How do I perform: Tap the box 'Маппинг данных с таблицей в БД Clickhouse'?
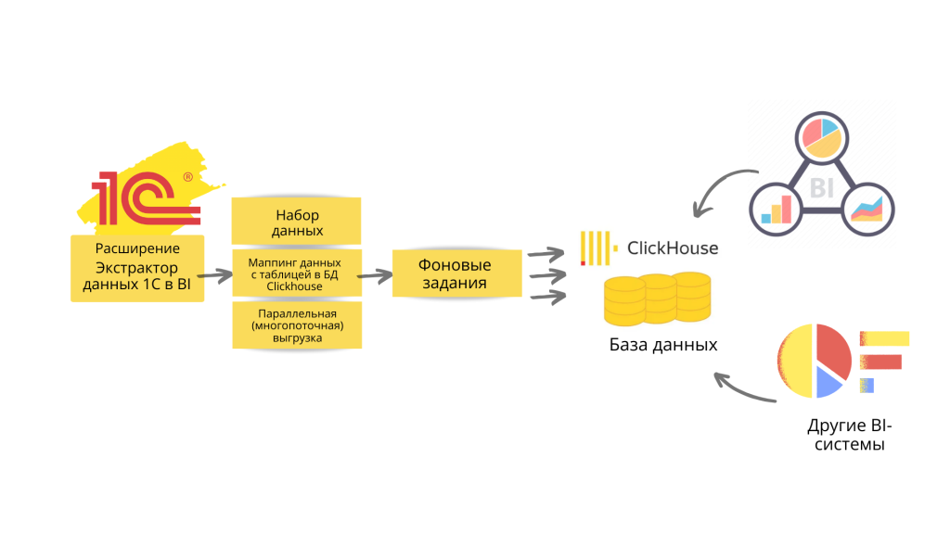tap(294, 274)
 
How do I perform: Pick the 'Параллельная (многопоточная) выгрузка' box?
tap(296, 324)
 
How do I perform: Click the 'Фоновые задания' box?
tap(455, 273)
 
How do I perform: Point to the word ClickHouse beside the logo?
tap(673, 248)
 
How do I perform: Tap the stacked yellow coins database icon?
tap(657, 298)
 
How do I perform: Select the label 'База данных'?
tap(663, 345)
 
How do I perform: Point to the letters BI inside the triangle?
tap(822, 188)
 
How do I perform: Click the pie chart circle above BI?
tap(822, 136)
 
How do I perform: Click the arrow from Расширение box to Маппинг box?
tap(214, 275)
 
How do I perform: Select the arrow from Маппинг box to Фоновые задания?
tap(373, 275)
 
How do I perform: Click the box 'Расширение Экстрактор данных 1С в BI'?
tap(137, 268)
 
